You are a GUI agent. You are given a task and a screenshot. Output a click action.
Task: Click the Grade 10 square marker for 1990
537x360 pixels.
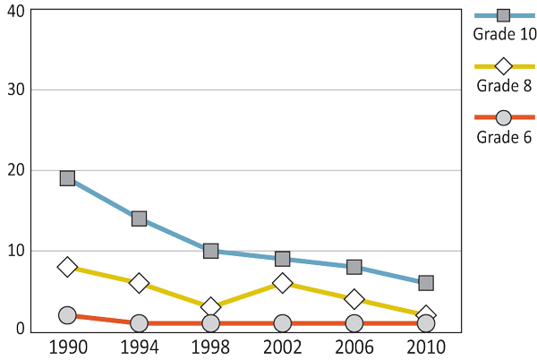coord(67,178)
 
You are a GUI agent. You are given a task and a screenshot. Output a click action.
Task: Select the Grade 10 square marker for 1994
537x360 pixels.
coord(139,219)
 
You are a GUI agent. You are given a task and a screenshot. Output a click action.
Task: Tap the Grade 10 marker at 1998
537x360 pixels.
coord(210,251)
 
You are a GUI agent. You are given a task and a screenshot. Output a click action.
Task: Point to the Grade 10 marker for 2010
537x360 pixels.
coord(426,283)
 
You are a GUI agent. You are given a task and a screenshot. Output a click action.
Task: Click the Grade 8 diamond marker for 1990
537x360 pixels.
coord(67,267)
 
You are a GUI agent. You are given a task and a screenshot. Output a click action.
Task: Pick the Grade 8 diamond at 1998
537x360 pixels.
coord(210,307)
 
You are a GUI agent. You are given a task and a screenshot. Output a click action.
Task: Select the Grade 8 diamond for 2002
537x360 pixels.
coord(283,283)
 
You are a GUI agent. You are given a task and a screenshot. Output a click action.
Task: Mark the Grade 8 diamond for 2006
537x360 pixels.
coord(354,299)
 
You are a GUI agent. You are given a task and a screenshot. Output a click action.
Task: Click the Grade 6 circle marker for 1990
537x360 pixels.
coord(67,315)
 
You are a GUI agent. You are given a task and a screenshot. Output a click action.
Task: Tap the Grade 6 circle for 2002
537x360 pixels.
coord(283,323)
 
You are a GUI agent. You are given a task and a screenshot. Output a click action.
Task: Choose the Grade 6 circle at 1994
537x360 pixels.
coord(139,323)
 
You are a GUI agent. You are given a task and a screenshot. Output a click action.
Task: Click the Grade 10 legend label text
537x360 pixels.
coord(504,35)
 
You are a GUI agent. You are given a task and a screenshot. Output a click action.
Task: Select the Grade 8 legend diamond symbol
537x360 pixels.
coord(503,66)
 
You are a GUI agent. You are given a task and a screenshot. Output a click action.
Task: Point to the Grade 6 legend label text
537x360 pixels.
coord(504,137)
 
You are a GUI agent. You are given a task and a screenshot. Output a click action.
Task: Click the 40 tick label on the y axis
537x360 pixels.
coord(15,11)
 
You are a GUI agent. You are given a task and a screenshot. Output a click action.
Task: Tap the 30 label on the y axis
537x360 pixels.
coord(15,90)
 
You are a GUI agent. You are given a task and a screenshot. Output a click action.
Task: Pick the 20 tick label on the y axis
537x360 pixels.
coord(15,170)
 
